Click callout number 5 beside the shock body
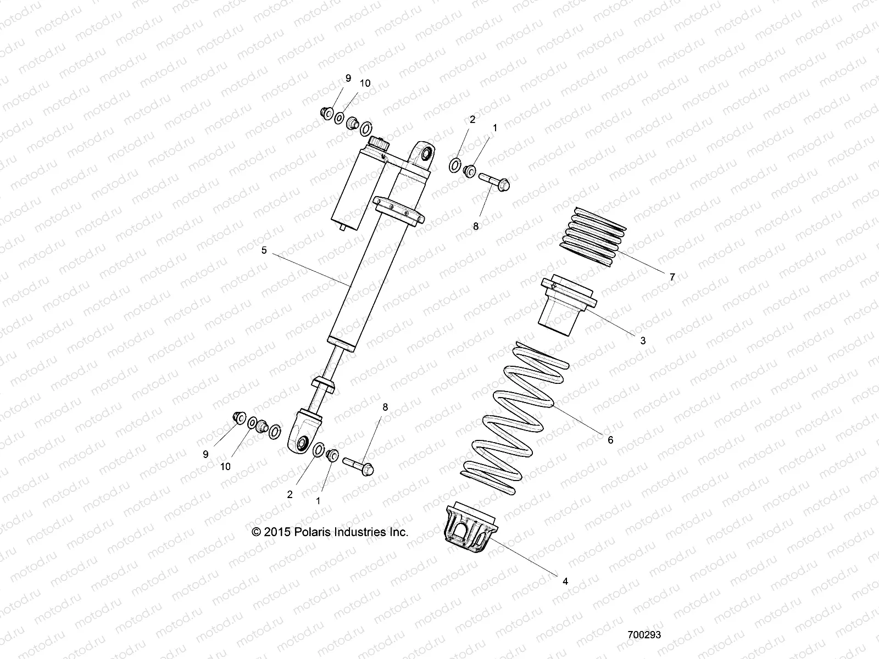click(x=264, y=250)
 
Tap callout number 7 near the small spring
click(x=672, y=277)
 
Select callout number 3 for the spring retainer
click(x=643, y=340)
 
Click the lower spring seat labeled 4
click(x=470, y=530)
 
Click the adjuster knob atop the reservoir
click(x=378, y=144)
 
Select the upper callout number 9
click(x=347, y=79)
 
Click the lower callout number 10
click(x=225, y=466)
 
